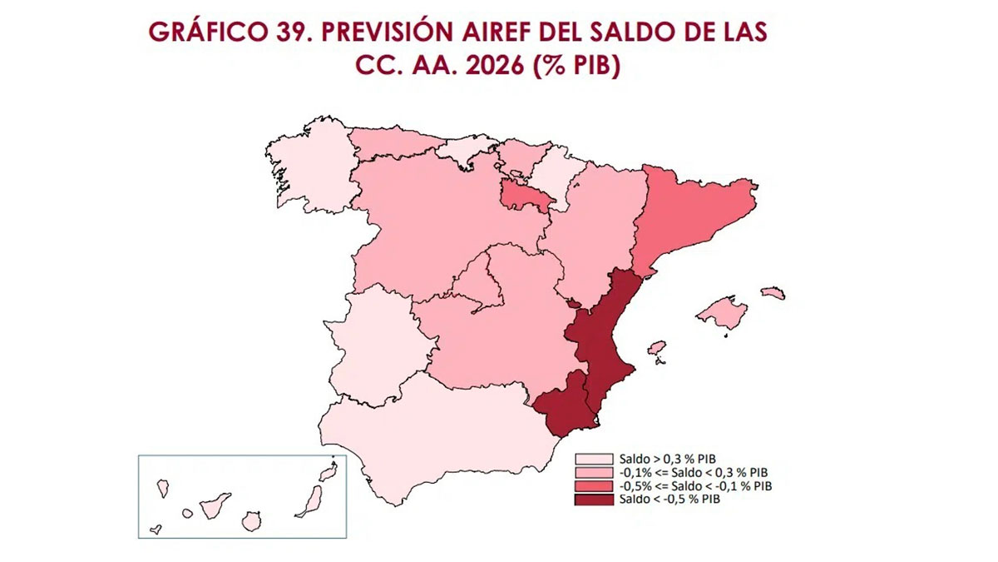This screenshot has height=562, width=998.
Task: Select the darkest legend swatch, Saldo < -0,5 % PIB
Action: pyautogui.click(x=595, y=500)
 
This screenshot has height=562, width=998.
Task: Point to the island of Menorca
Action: pyautogui.click(x=773, y=292)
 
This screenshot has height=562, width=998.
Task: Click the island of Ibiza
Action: pyautogui.click(x=656, y=347)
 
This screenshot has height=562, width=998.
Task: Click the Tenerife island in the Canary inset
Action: pyautogui.click(x=215, y=504)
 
